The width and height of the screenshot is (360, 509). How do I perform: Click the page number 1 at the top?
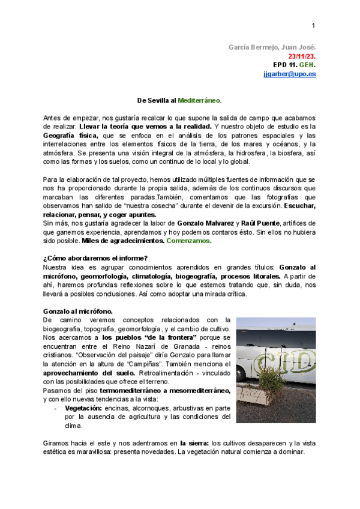click(x=313, y=25)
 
